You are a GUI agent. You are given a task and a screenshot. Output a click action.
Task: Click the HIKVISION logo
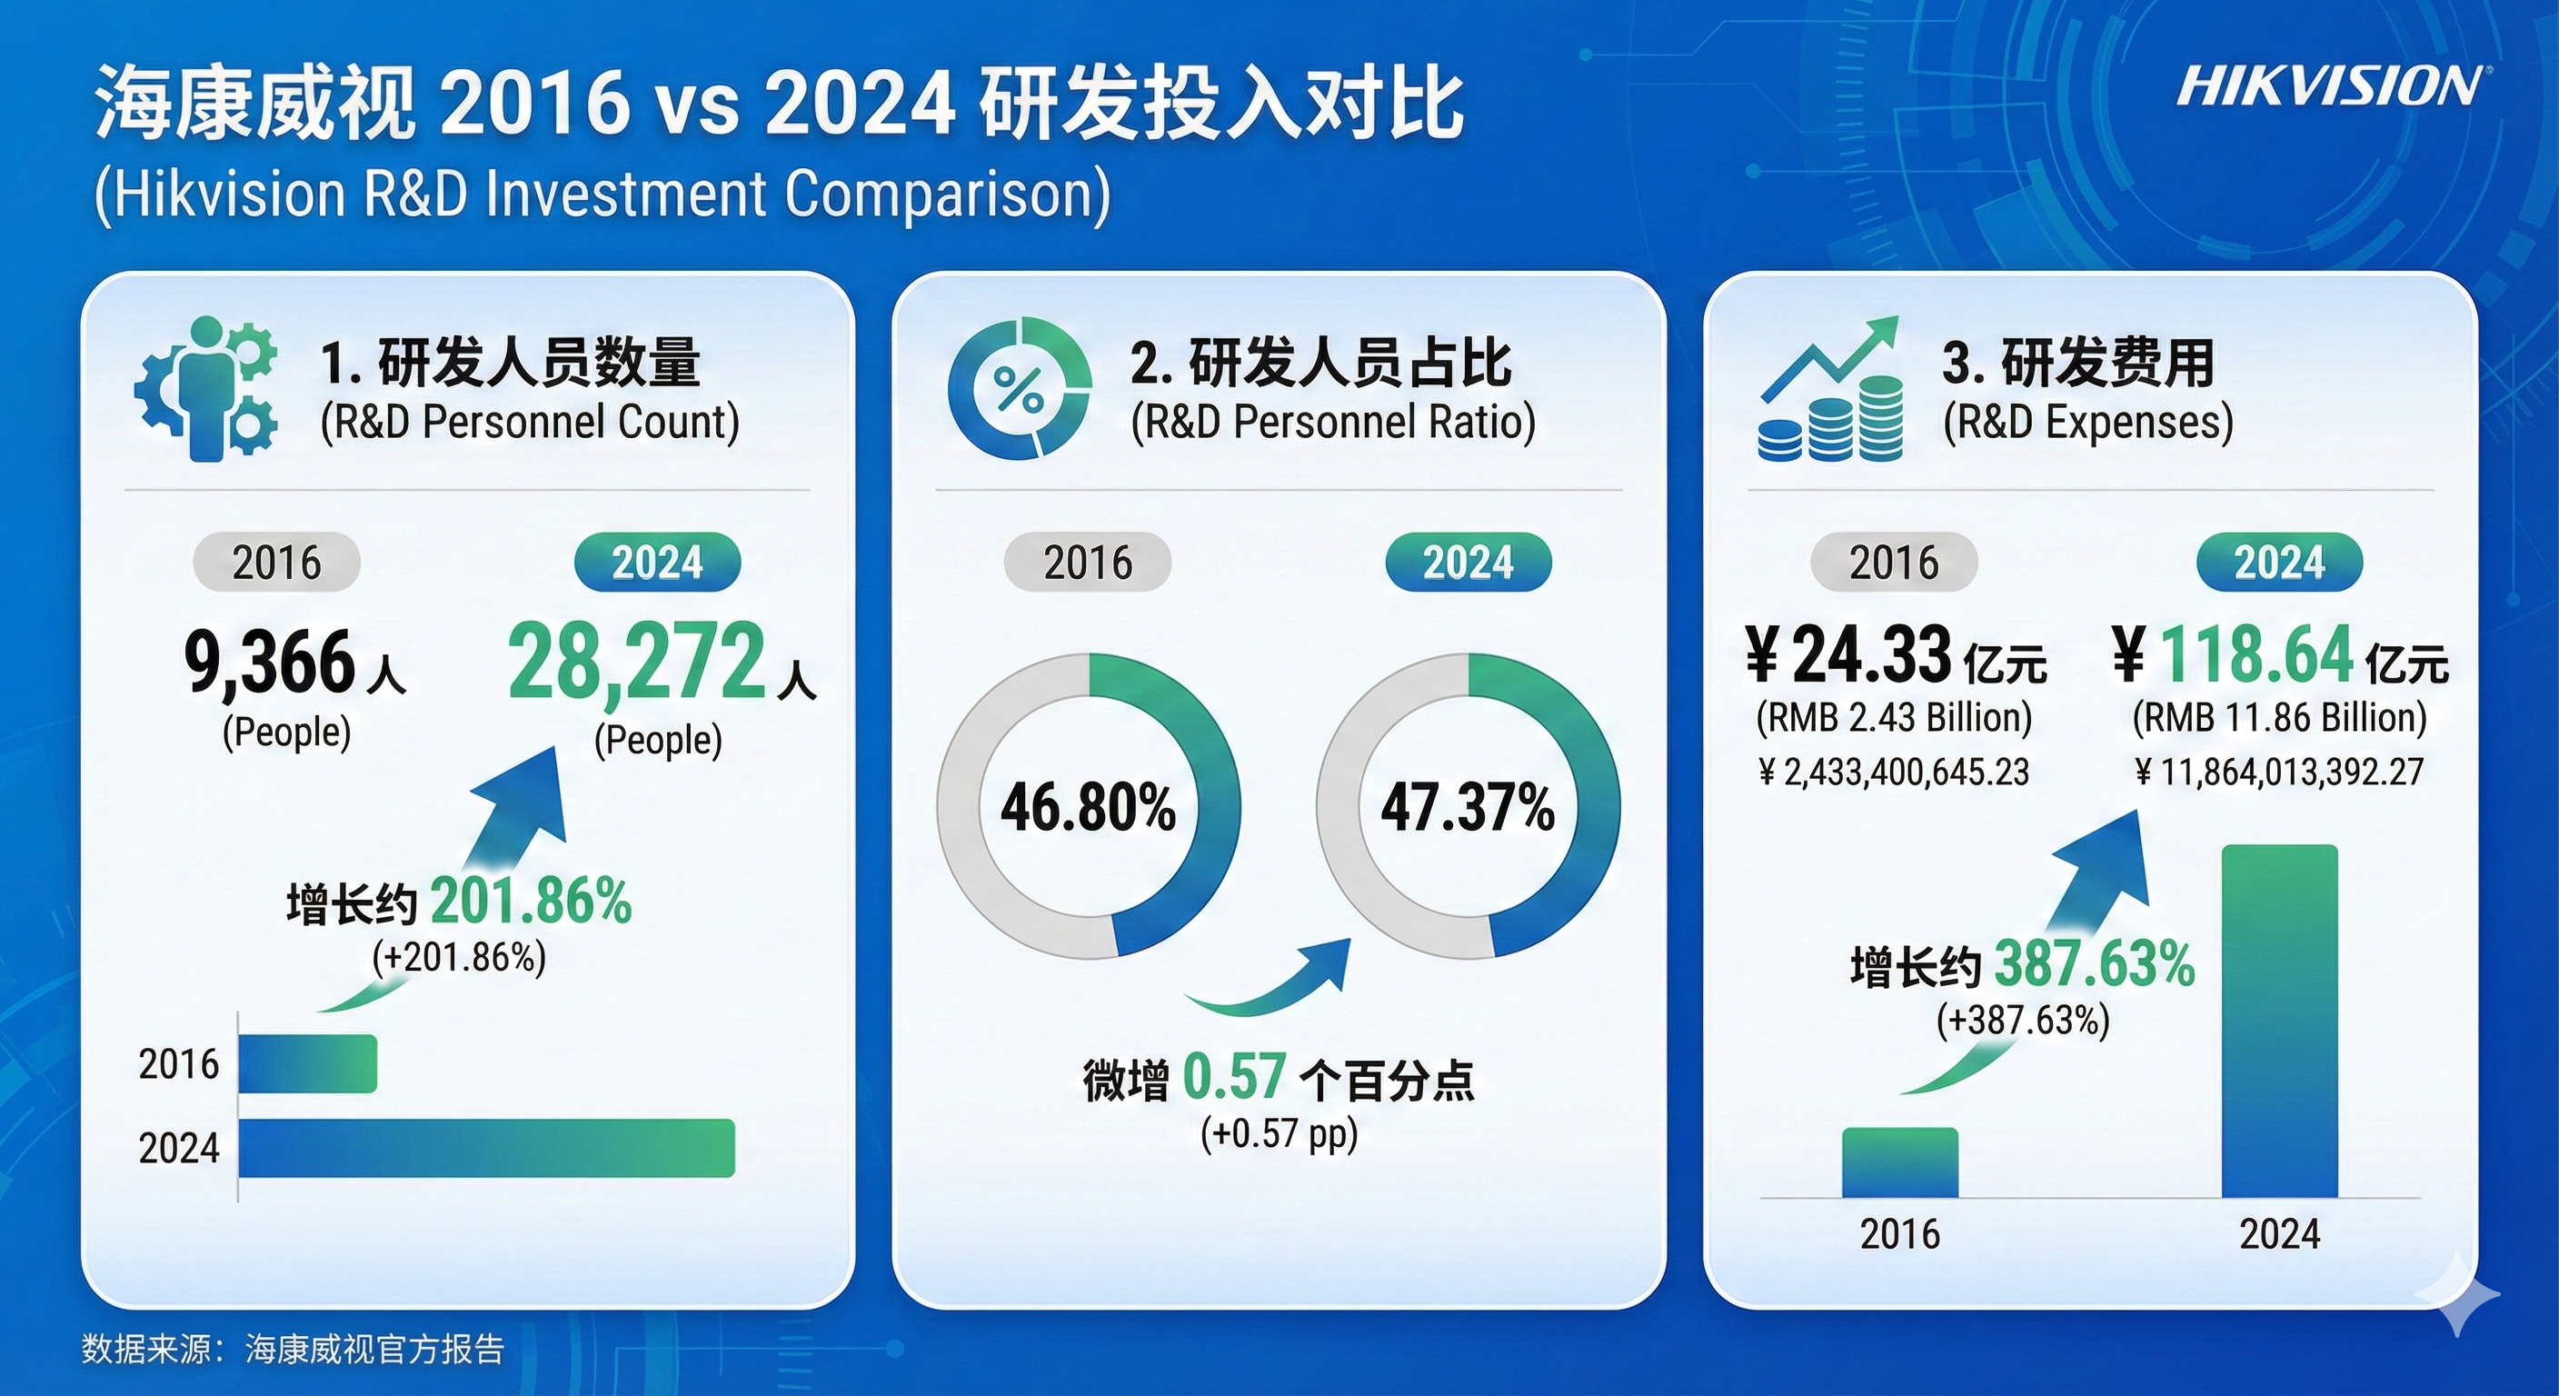pyautogui.click(x=2326, y=86)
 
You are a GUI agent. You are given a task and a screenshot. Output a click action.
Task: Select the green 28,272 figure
pyautogui.click(x=637, y=661)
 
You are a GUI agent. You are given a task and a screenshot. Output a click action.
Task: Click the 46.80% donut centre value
pyautogui.click(x=1088, y=807)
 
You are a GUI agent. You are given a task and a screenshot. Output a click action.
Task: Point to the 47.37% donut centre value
pyautogui.click(x=1468, y=807)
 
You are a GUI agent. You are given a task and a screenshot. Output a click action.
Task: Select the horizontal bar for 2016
pyautogui.click(x=308, y=1063)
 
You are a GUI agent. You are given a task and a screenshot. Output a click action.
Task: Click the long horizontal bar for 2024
pyautogui.click(x=487, y=1148)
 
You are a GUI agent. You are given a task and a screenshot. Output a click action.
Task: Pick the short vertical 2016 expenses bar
pyautogui.click(x=1899, y=1162)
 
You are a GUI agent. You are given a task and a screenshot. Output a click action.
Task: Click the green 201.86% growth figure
pyautogui.click(x=531, y=902)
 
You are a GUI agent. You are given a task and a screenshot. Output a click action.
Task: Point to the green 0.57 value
pyautogui.click(x=1234, y=1077)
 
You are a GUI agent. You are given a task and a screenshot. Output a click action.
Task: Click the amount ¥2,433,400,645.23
pyautogui.click(x=1894, y=772)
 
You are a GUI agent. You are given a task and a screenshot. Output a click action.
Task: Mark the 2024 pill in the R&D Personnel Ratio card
pyautogui.click(x=1469, y=563)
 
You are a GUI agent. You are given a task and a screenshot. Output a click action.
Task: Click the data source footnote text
pyautogui.click(x=293, y=1349)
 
